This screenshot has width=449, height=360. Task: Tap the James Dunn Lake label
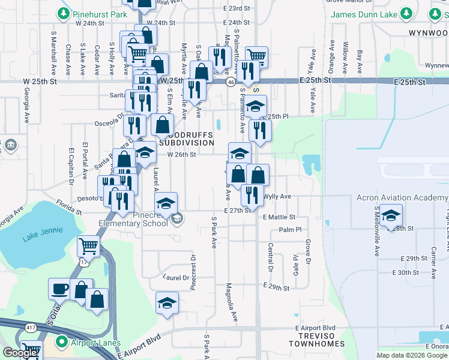[x=366, y=13]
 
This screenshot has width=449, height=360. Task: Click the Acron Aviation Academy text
[x=402, y=197]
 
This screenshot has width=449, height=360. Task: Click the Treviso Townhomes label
[x=316, y=343]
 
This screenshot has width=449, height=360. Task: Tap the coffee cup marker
[x=59, y=289]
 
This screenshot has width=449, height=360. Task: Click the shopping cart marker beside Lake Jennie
[x=88, y=246]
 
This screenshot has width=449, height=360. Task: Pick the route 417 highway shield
[x=31, y=327]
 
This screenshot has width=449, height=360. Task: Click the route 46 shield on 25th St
[x=231, y=82]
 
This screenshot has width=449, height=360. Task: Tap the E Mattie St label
[x=279, y=217]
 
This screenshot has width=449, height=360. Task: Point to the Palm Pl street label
[x=290, y=230]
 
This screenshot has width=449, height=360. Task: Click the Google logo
[x=19, y=353]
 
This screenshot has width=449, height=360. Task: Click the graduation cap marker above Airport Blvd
[x=167, y=303]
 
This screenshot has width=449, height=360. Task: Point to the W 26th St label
[x=182, y=154]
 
